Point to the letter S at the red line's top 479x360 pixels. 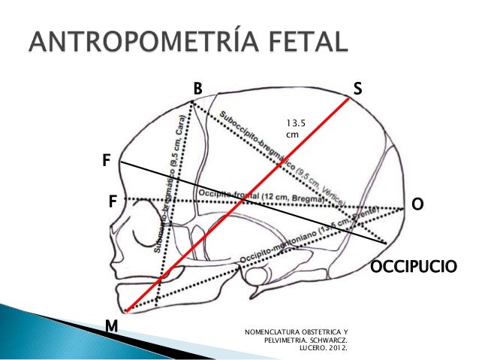coord(358,89)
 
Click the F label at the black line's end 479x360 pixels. coord(106,160)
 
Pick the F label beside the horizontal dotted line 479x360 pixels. coord(112,201)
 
